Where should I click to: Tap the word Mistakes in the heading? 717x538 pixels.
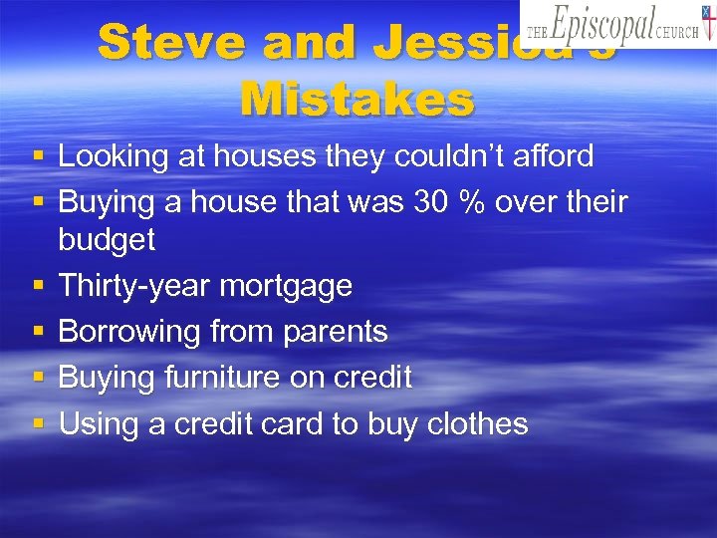pyautogui.click(x=358, y=99)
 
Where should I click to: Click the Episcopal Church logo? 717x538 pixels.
pyautogui.click(x=616, y=24)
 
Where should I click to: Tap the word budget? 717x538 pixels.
pyautogui.click(x=107, y=240)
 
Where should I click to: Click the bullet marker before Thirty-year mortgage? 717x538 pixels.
pyautogui.click(x=38, y=285)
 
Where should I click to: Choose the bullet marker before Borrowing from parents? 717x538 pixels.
pyautogui.click(x=38, y=331)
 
